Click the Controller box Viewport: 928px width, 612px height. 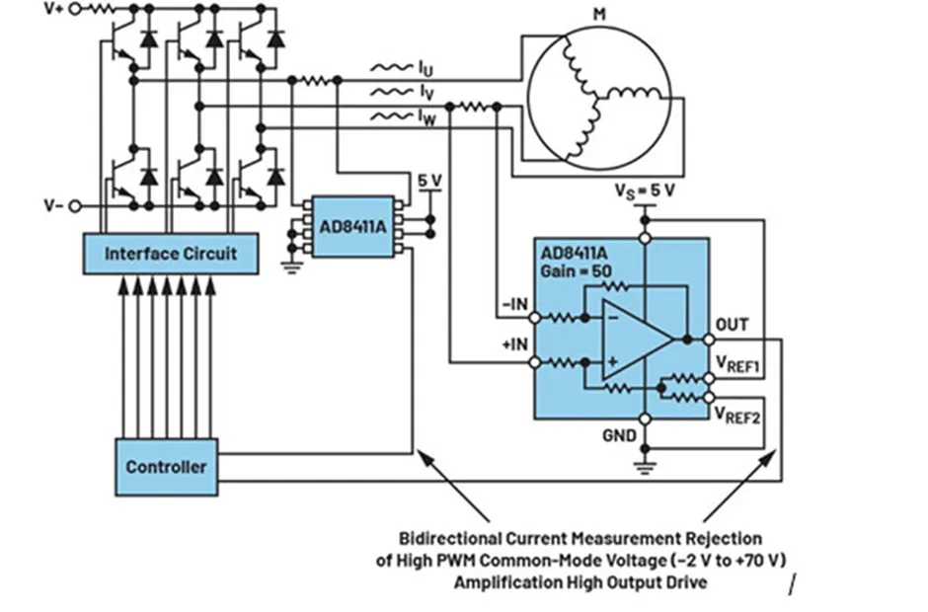pos(166,466)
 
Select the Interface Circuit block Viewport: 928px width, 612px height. pos(171,254)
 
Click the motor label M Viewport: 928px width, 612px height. pos(599,14)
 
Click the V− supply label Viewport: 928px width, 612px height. pos(55,206)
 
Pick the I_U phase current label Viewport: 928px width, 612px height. pos(425,69)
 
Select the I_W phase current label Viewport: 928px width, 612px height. pos(425,118)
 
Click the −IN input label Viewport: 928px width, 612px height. pos(513,306)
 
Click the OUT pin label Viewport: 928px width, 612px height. pos(732,325)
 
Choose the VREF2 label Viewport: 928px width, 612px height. pos(736,412)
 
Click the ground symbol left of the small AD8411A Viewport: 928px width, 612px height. pos(291,265)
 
